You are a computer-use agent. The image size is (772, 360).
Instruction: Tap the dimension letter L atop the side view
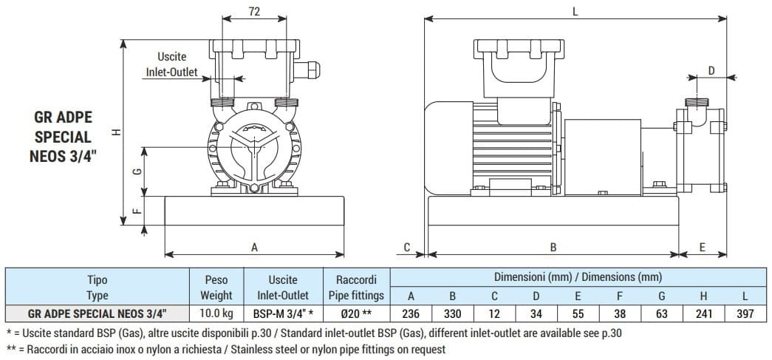click(x=575, y=10)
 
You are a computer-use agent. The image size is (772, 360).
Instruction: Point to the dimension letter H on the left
click(x=116, y=132)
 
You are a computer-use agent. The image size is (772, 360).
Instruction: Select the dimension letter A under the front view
click(x=254, y=248)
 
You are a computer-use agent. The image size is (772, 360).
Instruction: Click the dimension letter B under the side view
click(x=553, y=247)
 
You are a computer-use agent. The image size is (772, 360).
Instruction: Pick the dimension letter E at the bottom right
click(x=703, y=247)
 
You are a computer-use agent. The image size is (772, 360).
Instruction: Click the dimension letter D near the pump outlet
click(x=711, y=70)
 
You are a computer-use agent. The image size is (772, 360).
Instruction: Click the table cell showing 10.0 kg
click(x=216, y=314)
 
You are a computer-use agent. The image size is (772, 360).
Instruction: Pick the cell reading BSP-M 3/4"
click(x=284, y=314)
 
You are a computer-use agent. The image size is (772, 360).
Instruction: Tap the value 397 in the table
click(x=745, y=314)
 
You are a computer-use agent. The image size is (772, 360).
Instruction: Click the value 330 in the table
click(x=452, y=314)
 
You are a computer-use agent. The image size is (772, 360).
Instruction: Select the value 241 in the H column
click(x=704, y=314)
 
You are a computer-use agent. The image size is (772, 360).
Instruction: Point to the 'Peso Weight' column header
click(x=216, y=287)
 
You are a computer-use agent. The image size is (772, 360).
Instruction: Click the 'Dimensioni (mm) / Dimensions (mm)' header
click(x=578, y=277)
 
